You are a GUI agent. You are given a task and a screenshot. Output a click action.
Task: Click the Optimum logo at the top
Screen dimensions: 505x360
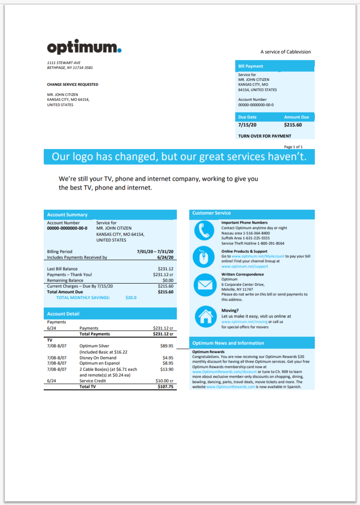click(x=84, y=47)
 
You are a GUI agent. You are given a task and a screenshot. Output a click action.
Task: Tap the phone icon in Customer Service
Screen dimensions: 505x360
click(x=204, y=230)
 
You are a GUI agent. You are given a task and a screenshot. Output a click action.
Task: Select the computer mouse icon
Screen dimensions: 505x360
click(x=204, y=257)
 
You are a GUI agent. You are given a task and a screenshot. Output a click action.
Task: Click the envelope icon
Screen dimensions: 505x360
click(x=204, y=284)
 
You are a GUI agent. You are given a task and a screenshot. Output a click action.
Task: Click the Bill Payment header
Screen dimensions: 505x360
click(x=251, y=66)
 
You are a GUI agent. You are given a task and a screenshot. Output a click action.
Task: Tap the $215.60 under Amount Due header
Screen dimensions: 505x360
click(x=293, y=125)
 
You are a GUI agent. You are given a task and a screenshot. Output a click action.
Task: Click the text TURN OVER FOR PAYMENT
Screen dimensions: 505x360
click(x=264, y=136)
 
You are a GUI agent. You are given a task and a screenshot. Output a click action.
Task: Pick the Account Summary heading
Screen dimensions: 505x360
click(x=67, y=215)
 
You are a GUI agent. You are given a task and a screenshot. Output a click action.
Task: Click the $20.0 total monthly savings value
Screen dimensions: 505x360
click(x=131, y=298)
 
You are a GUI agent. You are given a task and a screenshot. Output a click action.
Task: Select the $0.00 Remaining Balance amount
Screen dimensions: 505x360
click(x=168, y=281)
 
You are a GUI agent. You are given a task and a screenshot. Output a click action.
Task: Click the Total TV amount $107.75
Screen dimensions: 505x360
click(x=165, y=386)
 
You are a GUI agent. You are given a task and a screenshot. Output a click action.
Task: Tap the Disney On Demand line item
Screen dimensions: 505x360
click(x=98, y=358)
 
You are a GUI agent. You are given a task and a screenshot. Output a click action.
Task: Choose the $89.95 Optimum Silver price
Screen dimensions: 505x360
click(x=167, y=346)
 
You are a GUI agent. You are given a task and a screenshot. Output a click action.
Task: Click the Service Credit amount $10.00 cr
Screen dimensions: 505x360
click(x=164, y=381)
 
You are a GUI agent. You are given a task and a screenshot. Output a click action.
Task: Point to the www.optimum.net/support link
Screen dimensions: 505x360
click(x=245, y=266)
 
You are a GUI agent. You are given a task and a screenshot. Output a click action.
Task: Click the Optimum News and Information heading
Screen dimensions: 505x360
click(x=228, y=343)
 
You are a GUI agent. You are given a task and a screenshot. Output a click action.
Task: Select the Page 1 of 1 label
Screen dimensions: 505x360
click(x=293, y=146)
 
